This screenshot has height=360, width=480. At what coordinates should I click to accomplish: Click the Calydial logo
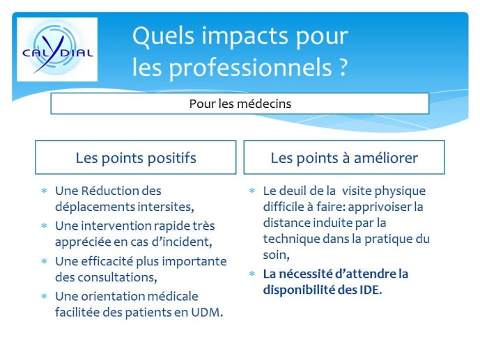click(57, 49)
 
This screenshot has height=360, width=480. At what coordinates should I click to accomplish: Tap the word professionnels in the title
click(251, 68)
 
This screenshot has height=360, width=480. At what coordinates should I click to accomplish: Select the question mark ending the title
click(343, 66)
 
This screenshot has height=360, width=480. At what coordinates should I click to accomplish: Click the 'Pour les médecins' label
click(240, 104)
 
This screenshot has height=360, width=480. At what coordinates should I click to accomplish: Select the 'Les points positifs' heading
click(136, 158)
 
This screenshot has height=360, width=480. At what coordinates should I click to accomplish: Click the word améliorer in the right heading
click(386, 158)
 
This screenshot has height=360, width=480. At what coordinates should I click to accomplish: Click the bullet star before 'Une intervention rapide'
click(45, 226)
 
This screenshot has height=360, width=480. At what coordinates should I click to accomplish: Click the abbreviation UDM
click(207, 313)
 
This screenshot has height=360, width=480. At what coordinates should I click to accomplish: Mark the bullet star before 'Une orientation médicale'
click(45, 297)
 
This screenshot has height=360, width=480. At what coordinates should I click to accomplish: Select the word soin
click(276, 255)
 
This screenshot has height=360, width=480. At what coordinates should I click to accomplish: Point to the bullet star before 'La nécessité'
click(252, 274)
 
